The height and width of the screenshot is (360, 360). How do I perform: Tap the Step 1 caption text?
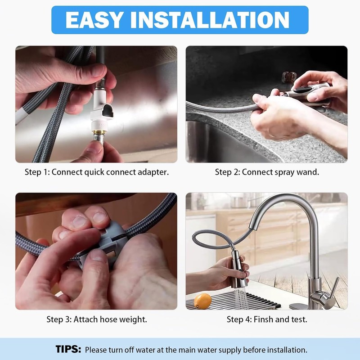click(96, 172)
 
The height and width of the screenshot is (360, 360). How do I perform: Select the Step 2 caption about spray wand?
click(266, 172)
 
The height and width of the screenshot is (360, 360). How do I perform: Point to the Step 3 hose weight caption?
click(96, 319)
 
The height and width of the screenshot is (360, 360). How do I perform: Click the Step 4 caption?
click(266, 319)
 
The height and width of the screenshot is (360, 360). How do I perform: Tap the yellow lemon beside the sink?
click(203, 300)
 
